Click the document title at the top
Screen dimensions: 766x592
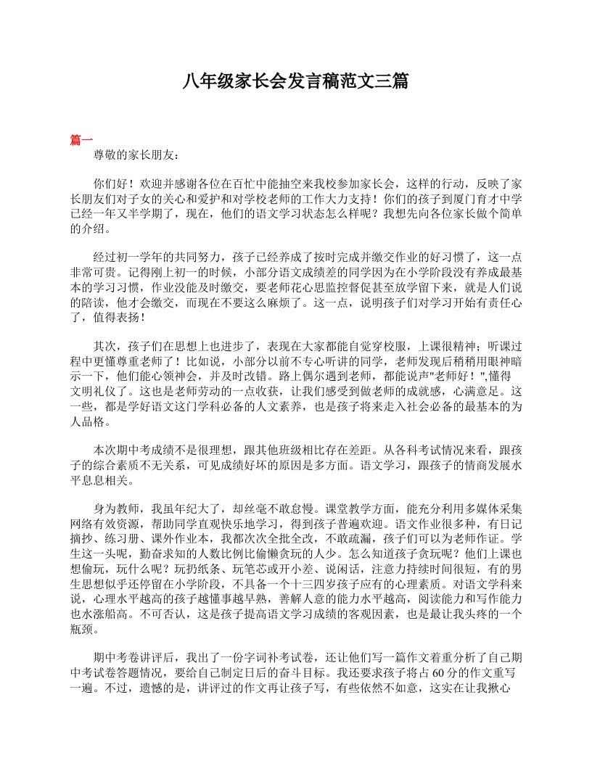pyautogui.click(x=295, y=81)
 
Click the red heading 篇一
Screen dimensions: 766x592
pyautogui.click(x=81, y=140)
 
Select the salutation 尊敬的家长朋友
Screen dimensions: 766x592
pyautogui.click(x=133, y=155)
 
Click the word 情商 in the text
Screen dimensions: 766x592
pyautogui.click(x=432, y=464)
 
